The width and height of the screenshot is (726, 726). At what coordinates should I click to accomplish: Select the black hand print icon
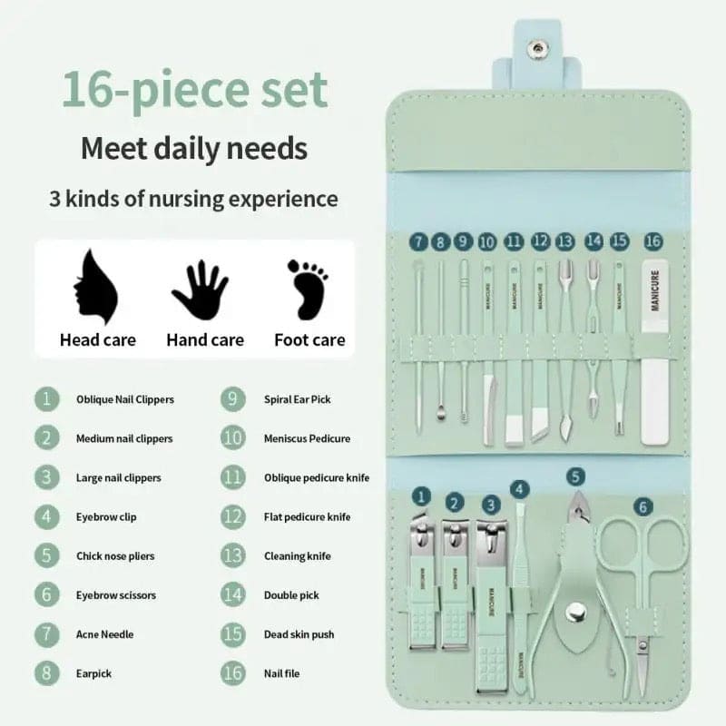click(x=200, y=289)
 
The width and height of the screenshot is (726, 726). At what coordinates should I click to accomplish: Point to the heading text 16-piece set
click(x=194, y=91)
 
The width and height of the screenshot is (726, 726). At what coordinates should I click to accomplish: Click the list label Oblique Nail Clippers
click(x=124, y=399)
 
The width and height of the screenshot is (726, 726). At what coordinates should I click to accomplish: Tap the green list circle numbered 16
click(x=232, y=673)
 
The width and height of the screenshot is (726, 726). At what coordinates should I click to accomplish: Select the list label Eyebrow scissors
click(x=116, y=595)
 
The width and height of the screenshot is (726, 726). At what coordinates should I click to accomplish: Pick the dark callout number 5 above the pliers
click(x=575, y=476)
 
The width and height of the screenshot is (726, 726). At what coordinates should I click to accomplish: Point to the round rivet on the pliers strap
click(x=574, y=613)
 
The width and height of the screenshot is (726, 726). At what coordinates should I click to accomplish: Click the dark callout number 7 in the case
click(x=418, y=241)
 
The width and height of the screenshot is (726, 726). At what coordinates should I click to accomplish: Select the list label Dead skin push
click(x=299, y=634)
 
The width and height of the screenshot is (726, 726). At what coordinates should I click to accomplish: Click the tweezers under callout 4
click(x=521, y=590)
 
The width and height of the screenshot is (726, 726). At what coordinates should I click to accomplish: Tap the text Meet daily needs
click(x=194, y=147)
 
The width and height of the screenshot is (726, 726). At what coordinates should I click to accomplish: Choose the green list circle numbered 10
click(x=232, y=438)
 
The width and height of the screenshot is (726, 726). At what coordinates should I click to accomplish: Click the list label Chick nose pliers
click(x=115, y=556)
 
